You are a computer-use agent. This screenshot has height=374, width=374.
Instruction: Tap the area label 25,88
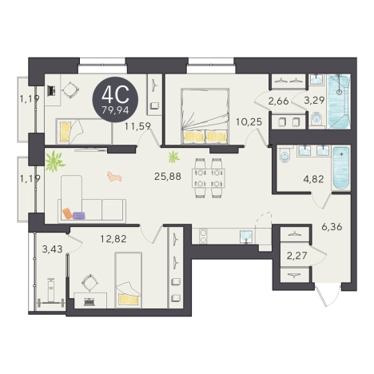point(168,176)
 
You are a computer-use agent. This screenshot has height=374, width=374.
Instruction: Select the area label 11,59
point(138,125)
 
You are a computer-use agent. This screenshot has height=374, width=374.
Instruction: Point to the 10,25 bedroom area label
point(249,122)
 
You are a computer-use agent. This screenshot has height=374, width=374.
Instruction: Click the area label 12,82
point(113,239)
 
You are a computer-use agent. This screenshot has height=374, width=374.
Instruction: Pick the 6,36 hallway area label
point(332,227)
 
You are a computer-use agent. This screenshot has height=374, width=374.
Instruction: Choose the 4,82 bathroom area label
point(313,179)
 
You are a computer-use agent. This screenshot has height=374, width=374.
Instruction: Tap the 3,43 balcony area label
point(53,249)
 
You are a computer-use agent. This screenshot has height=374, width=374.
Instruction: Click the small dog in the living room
point(114,177)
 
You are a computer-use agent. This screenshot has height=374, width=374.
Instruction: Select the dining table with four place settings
point(209,178)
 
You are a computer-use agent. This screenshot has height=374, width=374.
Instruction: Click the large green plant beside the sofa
point(54,161)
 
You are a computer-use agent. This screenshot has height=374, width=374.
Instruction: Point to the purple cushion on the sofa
point(79,215)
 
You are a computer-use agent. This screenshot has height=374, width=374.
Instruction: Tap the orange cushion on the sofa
point(67,213)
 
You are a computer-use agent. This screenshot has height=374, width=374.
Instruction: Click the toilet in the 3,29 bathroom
point(316,117)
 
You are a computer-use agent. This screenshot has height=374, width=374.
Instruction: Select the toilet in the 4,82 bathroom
point(284,157)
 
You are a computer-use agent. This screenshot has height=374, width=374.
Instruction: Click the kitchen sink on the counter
point(247,237)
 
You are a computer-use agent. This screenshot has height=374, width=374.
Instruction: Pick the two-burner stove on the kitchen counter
point(203,237)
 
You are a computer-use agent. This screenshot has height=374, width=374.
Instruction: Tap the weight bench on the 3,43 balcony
point(50,292)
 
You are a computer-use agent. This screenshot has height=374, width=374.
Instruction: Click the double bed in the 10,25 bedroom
point(205,116)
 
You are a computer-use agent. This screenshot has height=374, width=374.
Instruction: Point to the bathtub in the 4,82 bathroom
point(341,168)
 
